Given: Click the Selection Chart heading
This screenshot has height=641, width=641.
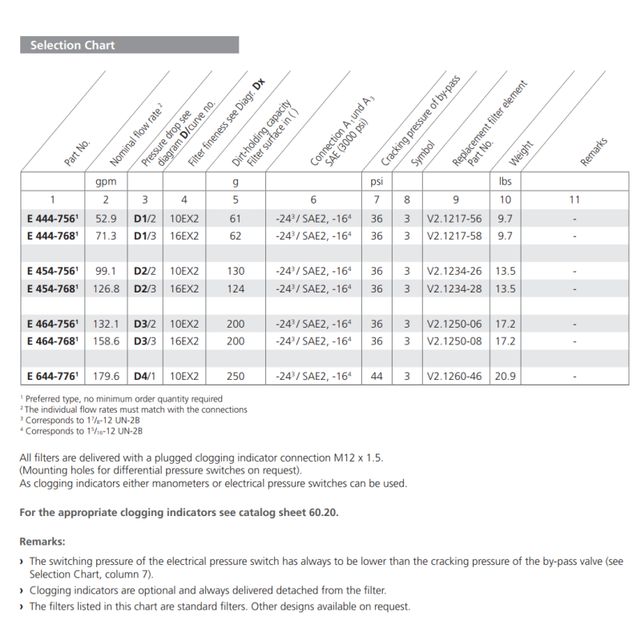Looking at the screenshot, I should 72,46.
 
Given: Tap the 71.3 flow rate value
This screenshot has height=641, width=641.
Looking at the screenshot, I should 106,236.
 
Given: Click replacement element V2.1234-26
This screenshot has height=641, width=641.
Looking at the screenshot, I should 454,272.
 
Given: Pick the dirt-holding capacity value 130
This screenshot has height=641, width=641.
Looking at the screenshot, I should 236,272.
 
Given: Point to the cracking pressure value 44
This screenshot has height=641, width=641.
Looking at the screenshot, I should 377,376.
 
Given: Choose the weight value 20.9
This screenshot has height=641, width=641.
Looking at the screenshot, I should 505,376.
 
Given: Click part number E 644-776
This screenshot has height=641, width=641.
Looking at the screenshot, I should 52,376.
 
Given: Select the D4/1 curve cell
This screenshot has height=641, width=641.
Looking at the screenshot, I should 144,376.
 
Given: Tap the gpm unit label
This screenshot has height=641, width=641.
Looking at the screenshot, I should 106,182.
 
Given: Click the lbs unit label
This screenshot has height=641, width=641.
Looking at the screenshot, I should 505,182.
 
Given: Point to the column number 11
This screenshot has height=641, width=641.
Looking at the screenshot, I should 574,200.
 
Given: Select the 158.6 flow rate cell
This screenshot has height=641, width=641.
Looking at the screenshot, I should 106,341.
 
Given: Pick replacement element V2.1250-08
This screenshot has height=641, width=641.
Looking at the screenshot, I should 454,341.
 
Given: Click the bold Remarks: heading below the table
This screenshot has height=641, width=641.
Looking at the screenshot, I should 42,542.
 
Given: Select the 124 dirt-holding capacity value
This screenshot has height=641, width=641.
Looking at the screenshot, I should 236,288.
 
